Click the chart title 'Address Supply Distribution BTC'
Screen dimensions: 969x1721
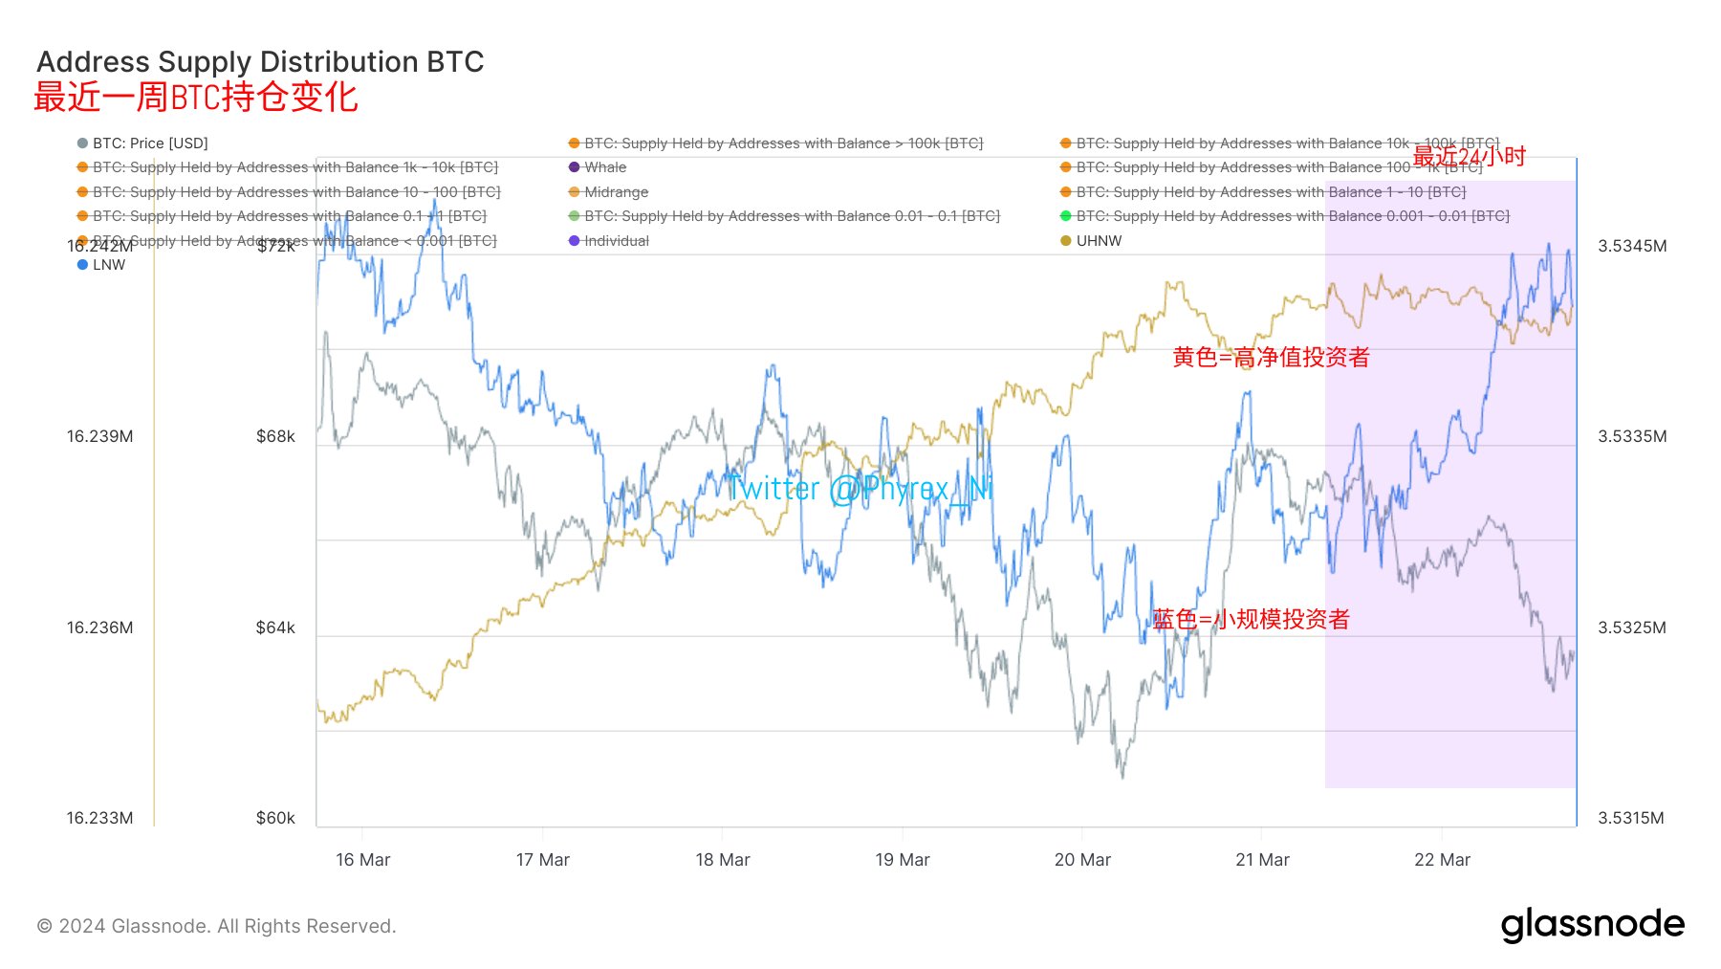[260, 62]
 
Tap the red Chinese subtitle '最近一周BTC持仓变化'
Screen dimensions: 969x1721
[196, 98]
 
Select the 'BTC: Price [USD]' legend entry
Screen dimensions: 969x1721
[149, 143]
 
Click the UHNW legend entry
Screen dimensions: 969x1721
[1098, 241]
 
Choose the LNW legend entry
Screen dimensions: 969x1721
[108, 265]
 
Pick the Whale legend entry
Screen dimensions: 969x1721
[604, 167]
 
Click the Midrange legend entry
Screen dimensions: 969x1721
[615, 192]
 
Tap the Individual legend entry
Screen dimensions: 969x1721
[615, 241]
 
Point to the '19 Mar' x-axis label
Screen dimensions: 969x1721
[902, 860]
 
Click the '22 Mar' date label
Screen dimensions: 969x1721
[1442, 860]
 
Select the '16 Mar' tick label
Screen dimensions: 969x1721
[363, 860]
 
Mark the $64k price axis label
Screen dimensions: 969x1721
[275, 628]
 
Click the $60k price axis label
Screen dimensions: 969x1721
[275, 818]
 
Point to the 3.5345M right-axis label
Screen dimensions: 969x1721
[1632, 246]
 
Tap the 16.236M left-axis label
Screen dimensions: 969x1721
[99, 628]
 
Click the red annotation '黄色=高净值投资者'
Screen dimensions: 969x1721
[1271, 358]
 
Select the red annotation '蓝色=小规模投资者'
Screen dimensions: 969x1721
[1251, 620]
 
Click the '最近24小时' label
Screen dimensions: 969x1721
[1469, 156]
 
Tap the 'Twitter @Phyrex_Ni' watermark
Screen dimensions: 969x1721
[860, 489]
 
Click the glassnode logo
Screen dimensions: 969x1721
[1592, 925]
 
